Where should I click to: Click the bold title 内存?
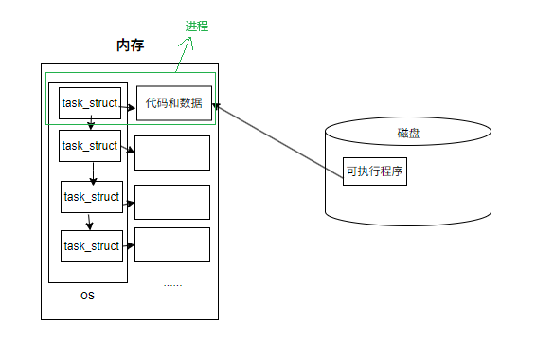[x=129, y=45]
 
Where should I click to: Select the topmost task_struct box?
[x=90, y=103]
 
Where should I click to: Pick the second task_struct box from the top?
[x=90, y=146]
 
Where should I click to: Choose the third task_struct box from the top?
[x=92, y=197]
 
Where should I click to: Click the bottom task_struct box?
[x=92, y=246]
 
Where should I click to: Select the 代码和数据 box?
[x=174, y=103]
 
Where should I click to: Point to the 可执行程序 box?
[x=375, y=171]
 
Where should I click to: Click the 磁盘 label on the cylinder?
[x=409, y=134]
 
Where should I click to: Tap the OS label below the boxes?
[x=87, y=296]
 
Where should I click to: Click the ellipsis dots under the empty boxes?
[x=172, y=283]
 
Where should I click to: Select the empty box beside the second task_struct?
[x=172, y=153]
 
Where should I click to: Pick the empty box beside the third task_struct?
[x=172, y=202]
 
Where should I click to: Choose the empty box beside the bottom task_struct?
[x=172, y=244]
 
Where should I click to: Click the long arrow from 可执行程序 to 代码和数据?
[x=279, y=138]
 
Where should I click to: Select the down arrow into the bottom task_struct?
[x=90, y=222]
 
